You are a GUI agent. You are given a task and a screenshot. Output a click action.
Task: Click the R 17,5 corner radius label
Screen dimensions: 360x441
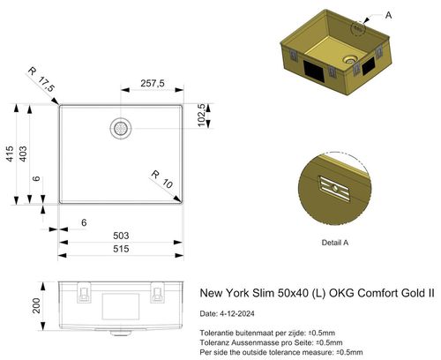click(41, 79)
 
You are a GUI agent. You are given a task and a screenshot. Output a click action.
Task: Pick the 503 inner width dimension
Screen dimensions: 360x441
click(121, 236)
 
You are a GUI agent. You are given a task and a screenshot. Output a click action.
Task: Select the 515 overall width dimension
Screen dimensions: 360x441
click(121, 251)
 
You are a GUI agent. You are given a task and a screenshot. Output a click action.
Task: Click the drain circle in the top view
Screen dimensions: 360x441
click(121, 128)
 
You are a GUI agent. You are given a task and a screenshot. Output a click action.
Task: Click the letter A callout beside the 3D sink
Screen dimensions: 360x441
click(389, 15)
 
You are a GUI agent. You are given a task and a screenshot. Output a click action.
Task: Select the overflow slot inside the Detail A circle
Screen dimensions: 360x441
click(334, 185)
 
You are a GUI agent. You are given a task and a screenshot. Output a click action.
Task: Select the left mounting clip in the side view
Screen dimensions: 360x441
click(83, 291)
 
